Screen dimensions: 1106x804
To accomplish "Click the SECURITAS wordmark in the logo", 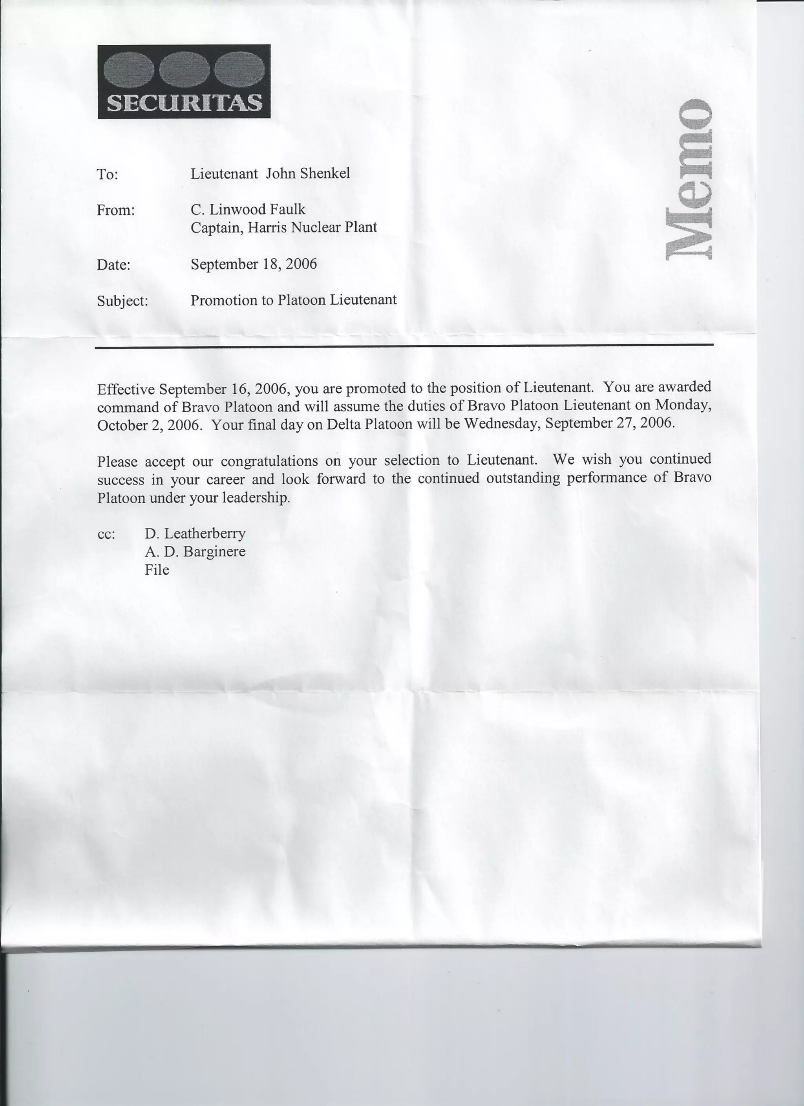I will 184,103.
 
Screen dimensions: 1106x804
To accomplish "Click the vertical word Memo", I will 689,179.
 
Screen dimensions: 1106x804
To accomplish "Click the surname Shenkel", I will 325,174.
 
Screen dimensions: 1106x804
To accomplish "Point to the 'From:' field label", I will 115,211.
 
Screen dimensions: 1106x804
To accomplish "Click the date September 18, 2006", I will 254,264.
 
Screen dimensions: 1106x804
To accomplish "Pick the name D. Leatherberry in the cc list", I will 195,534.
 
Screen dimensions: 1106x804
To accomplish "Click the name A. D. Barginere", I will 195,552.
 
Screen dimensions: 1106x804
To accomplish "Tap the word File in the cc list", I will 157,570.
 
